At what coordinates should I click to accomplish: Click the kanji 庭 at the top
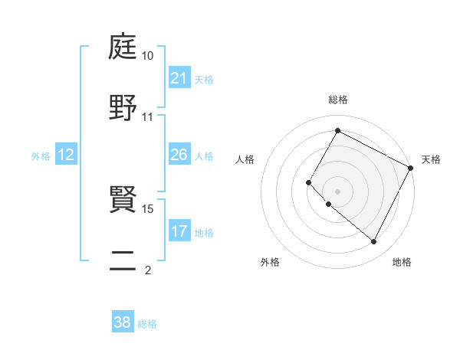coord(123,47)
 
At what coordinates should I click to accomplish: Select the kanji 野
coord(123,108)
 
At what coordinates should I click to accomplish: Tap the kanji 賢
coord(123,199)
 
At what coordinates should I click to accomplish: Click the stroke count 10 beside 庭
coord(148,56)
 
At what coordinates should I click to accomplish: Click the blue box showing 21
coord(179,78)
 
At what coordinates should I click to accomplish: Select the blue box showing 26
coord(179,155)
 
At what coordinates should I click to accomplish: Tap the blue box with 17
coord(179,231)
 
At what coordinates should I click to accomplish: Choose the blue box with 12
coord(66,155)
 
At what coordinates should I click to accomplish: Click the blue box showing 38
coord(123,322)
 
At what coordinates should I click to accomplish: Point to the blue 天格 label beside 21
coord(204,79)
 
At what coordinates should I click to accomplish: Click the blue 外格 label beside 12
coord(41,156)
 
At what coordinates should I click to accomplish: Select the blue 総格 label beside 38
coord(147,323)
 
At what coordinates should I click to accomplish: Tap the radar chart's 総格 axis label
coord(338,100)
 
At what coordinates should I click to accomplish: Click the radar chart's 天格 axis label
coord(432,159)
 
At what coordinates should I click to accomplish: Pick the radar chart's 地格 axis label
coord(402,263)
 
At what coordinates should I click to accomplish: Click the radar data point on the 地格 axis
coord(374,242)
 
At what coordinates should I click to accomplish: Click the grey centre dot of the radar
coord(337,191)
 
